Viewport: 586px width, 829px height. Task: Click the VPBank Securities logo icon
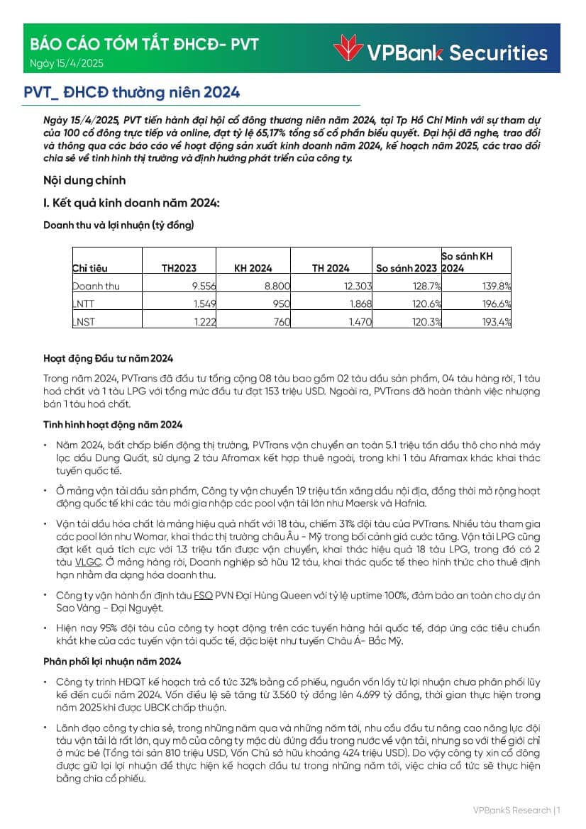click(x=348, y=49)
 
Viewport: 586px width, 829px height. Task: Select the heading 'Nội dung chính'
click(x=84, y=180)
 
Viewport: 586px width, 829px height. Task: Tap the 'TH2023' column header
click(x=179, y=268)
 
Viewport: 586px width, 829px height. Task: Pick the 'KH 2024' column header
click(x=253, y=268)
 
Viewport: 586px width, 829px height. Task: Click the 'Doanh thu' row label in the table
click(x=96, y=286)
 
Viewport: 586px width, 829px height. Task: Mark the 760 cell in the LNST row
click(x=282, y=321)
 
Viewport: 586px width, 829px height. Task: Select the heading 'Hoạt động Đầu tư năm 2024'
click(x=108, y=358)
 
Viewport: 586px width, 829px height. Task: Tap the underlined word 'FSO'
click(x=203, y=596)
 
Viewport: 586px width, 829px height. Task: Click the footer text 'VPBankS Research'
click(x=512, y=810)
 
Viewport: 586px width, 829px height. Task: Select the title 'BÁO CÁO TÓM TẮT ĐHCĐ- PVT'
click(x=144, y=44)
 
